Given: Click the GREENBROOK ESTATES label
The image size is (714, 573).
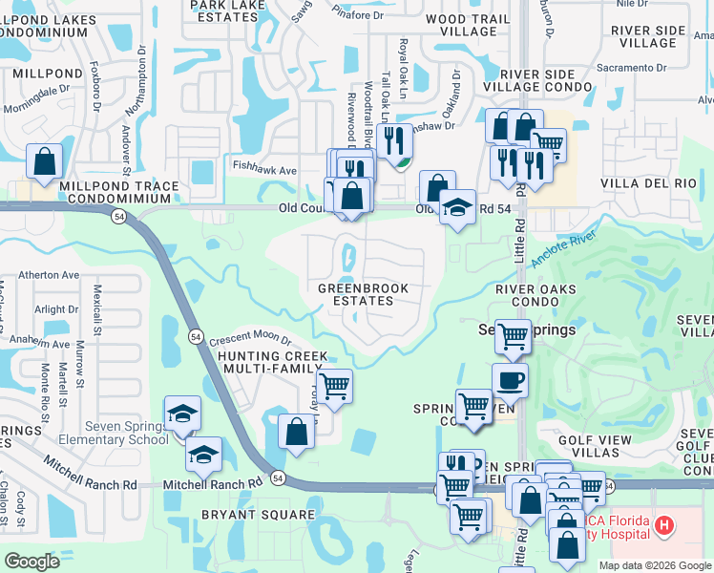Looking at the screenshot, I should click(363, 294).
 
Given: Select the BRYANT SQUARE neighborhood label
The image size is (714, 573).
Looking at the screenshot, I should click(258, 515).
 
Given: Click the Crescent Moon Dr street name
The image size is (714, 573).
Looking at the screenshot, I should click(249, 340).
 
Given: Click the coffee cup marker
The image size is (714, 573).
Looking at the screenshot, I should click(510, 380).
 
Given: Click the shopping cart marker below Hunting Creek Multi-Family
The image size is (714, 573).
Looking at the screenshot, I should click(334, 388).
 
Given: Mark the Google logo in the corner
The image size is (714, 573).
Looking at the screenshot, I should click(31, 562).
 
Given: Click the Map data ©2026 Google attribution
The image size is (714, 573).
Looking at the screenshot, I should click(655, 565).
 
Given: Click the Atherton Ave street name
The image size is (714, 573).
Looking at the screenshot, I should click(45, 275).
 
